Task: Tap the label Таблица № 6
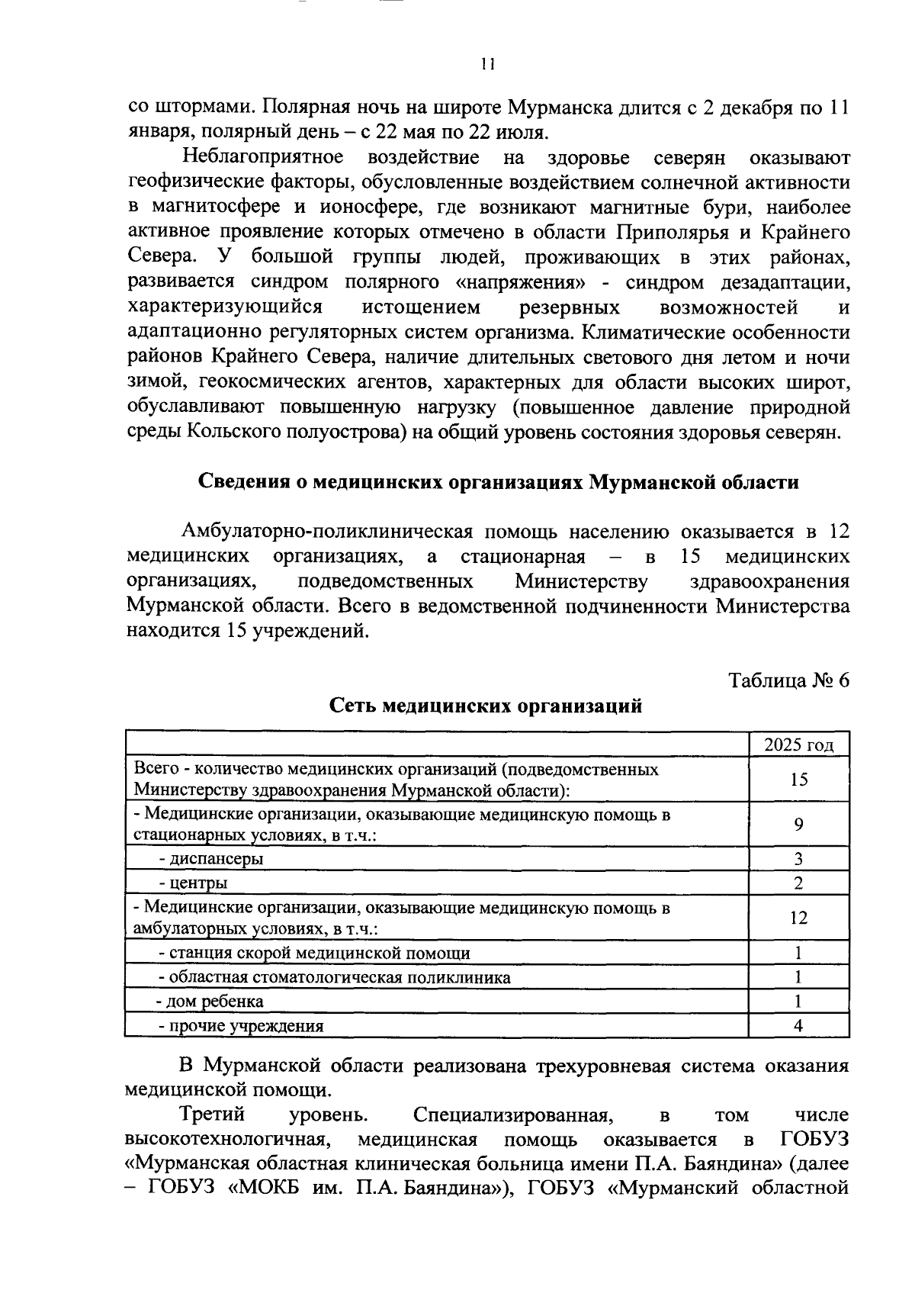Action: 788,680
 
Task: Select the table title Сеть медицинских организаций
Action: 486,706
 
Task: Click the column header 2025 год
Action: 798,745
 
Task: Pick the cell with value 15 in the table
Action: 798,779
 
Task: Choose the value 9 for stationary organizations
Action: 798,824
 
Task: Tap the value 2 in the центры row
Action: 798,883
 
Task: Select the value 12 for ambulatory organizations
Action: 798,918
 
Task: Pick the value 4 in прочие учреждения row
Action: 798,1026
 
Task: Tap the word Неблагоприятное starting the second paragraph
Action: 263,158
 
